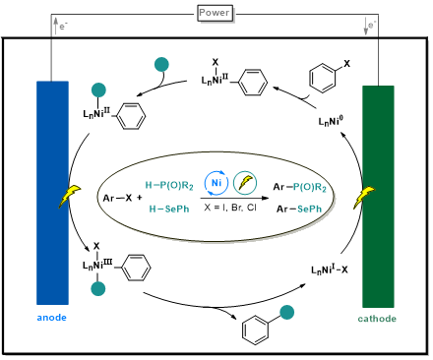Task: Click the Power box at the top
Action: pos(215,13)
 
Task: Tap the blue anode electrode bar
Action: pos(52,193)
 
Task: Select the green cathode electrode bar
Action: pos(378,197)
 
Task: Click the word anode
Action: pos(52,318)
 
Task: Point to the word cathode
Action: pos(377,319)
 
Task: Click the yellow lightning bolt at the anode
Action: pos(70,196)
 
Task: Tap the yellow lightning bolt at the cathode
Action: pos(364,198)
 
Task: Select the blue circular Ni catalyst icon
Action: pos(216,183)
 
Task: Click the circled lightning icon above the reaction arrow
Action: pos(245,183)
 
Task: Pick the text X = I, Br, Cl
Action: pos(230,208)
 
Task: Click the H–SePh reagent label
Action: pos(169,209)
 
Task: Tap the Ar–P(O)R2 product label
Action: pos(300,187)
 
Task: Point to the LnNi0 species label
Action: pos(331,121)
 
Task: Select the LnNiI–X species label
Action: pos(330,270)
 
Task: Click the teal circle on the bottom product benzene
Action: pos(286,312)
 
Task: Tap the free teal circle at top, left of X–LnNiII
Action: pos(161,64)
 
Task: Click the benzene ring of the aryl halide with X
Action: pos(323,79)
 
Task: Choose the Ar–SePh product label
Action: pos(299,209)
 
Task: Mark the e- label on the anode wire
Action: pos(64,26)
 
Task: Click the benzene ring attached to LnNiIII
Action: pos(136,268)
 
